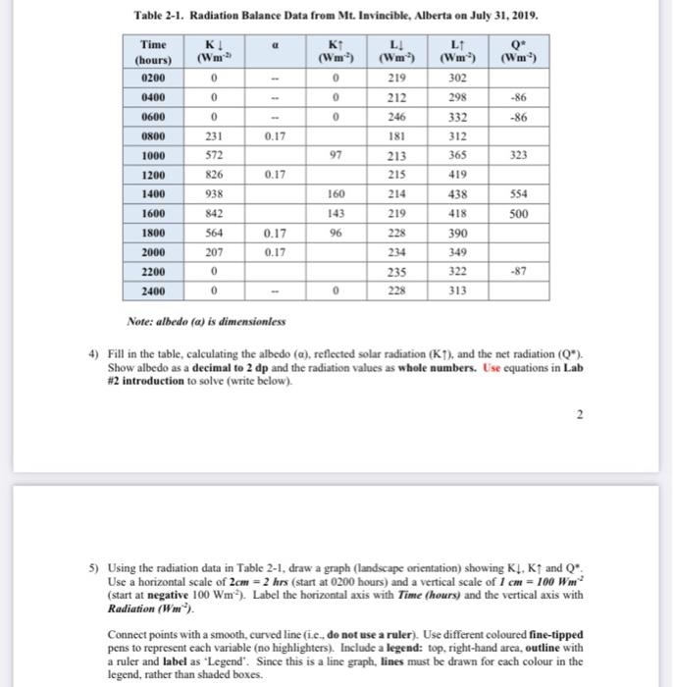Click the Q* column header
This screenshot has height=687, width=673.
518,53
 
